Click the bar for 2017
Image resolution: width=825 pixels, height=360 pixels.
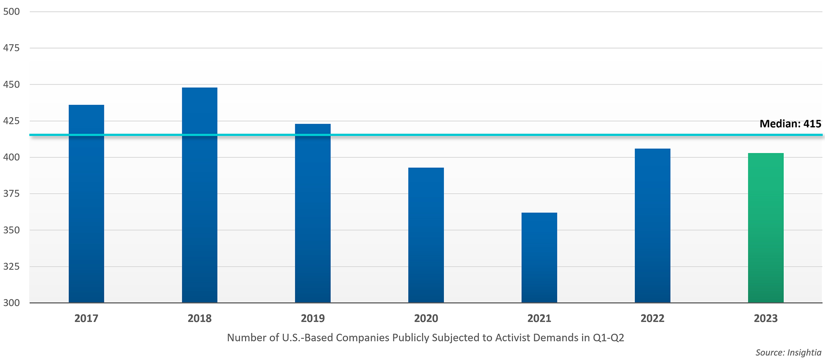click(x=86, y=204)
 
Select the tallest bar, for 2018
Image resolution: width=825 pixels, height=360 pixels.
click(x=200, y=195)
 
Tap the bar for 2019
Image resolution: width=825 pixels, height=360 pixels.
click(x=313, y=214)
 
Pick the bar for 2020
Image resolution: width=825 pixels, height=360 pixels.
click(x=426, y=235)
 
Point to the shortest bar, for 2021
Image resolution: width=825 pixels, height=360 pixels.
click(x=539, y=258)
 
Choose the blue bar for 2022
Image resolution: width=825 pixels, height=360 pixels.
click(x=653, y=226)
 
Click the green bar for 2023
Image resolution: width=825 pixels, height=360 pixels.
click(x=766, y=228)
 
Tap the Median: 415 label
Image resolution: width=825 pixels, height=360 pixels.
click(x=790, y=124)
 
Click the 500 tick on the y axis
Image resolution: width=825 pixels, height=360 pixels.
click(x=11, y=12)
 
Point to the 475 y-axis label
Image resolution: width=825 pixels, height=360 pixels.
click(x=11, y=48)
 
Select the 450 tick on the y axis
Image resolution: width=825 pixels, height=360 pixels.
click(x=11, y=85)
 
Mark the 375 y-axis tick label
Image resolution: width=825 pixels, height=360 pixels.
click(x=11, y=193)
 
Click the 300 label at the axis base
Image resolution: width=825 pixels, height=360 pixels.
click(x=11, y=303)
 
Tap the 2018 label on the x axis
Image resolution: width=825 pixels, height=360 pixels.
click(x=200, y=318)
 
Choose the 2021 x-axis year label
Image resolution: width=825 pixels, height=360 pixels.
click(x=539, y=318)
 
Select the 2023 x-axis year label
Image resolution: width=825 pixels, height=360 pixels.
click(x=766, y=318)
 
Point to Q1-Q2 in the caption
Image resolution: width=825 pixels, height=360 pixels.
click(x=608, y=338)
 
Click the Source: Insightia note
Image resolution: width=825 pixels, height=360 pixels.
click(x=788, y=353)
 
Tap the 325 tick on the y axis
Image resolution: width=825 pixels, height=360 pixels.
click(x=11, y=266)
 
